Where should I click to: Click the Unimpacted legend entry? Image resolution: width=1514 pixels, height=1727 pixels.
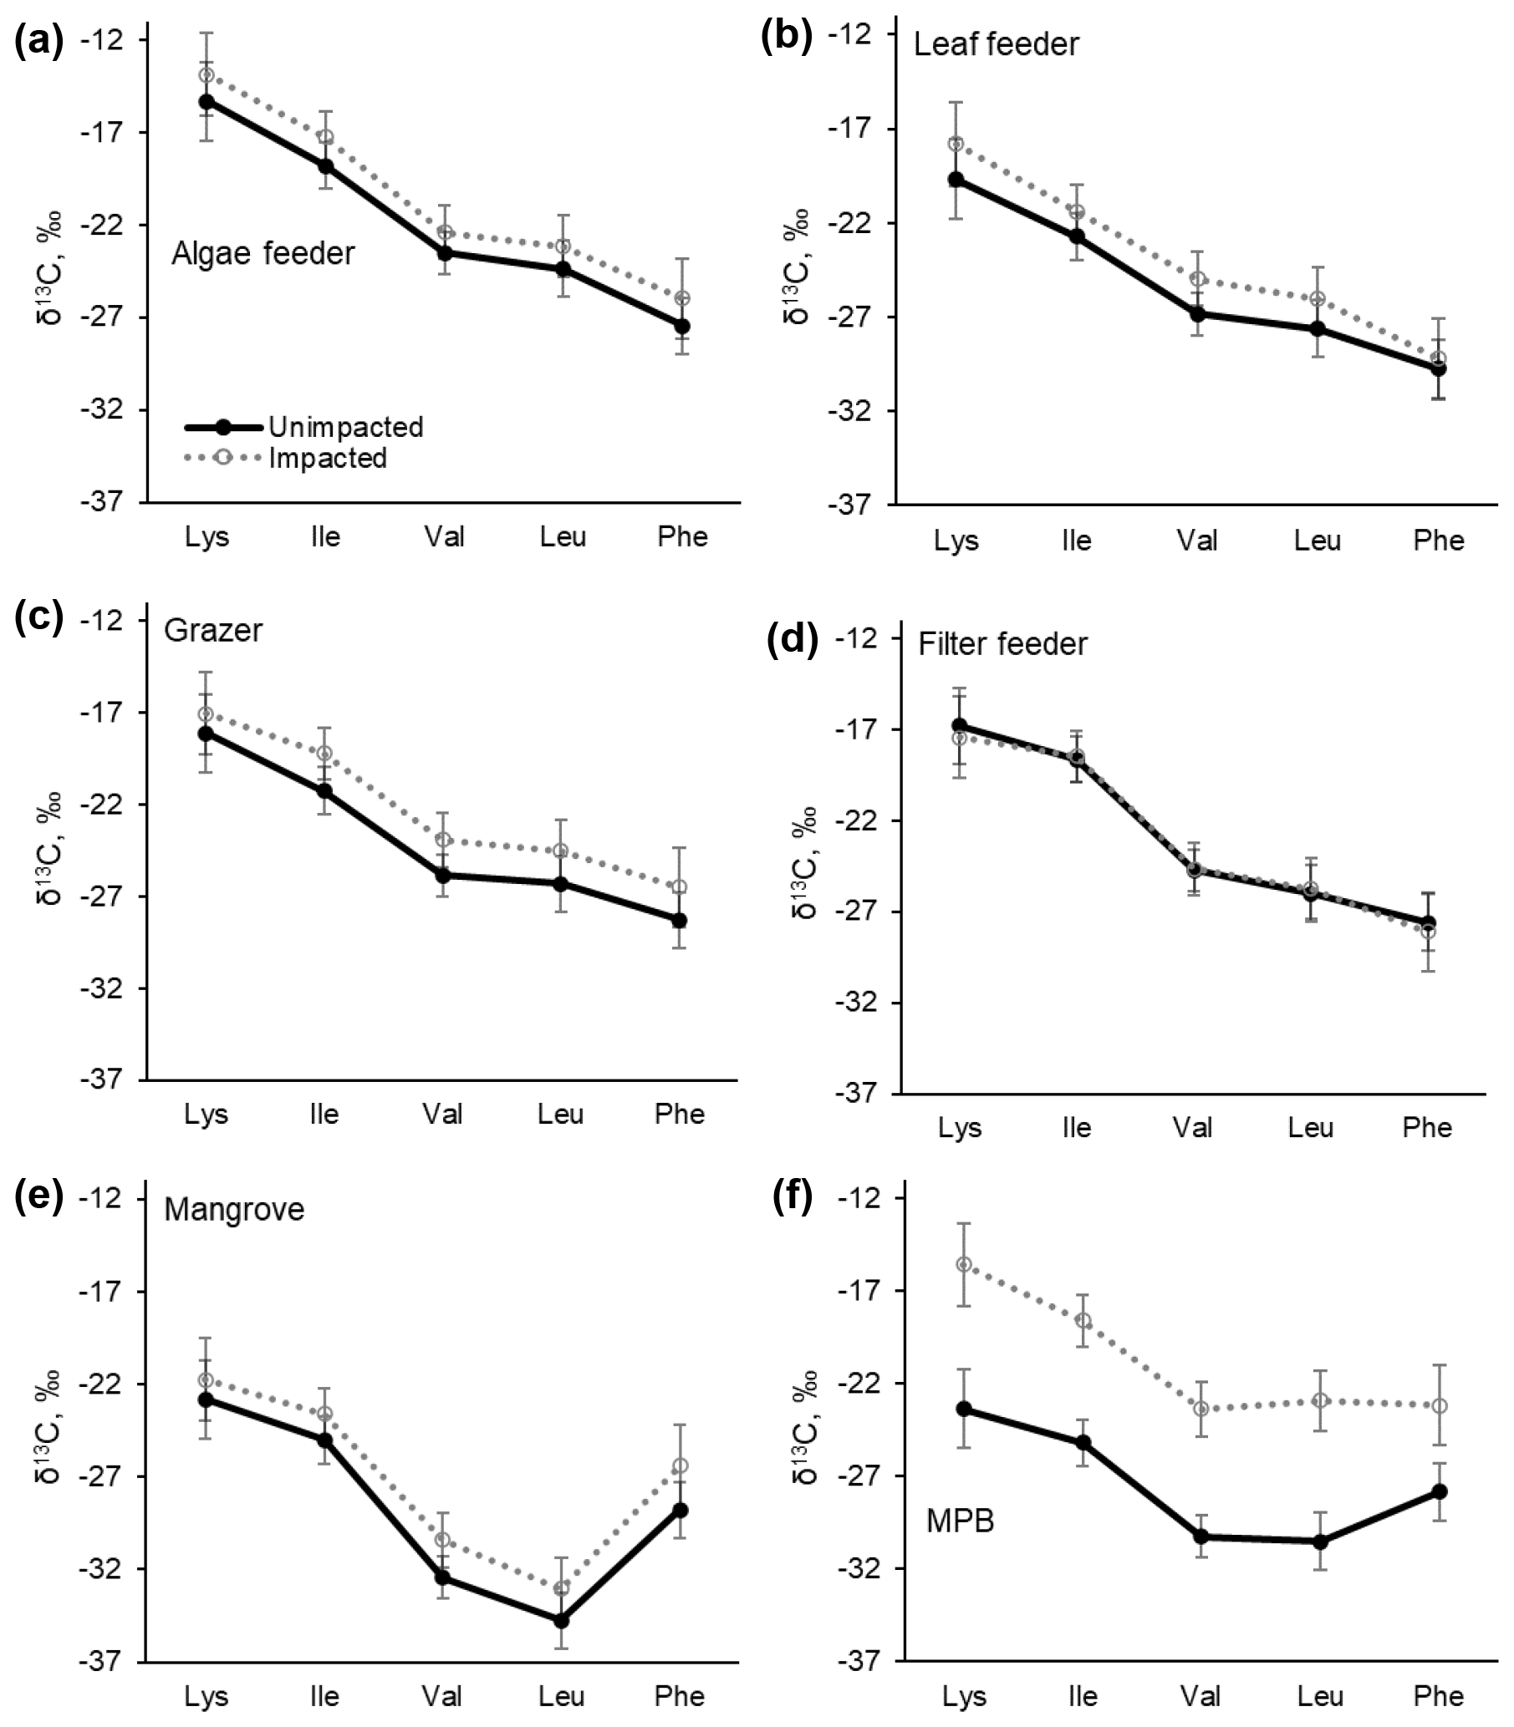pyautogui.click(x=344, y=427)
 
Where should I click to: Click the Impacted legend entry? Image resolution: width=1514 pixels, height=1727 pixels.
pyautogui.click(x=328, y=459)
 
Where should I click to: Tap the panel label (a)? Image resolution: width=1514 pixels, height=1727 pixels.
pyautogui.click(x=38, y=42)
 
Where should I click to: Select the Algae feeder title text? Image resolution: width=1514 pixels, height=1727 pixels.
pyautogui.click(x=263, y=253)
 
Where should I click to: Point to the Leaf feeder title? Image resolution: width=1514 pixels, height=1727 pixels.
pyautogui.click(x=997, y=44)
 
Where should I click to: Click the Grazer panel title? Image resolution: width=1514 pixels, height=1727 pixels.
pyautogui.click(x=213, y=630)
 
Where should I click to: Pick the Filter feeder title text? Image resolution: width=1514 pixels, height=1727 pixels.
pyautogui.click(x=1002, y=644)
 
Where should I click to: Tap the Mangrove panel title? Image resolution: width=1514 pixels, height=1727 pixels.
pyautogui.click(x=234, y=1209)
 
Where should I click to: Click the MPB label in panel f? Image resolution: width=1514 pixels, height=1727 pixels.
pyautogui.click(x=960, y=1521)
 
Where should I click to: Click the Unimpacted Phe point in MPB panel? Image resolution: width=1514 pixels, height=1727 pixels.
pyautogui.click(x=1439, y=1491)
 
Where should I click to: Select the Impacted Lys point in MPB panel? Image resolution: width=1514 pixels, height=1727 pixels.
pyautogui.click(x=963, y=1264)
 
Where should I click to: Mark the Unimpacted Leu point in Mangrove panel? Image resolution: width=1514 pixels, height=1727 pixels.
pyautogui.click(x=562, y=1621)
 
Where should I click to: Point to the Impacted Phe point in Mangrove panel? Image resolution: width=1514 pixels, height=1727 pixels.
pyautogui.click(x=681, y=1465)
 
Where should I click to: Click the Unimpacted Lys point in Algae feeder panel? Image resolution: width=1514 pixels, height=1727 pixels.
pyautogui.click(x=206, y=101)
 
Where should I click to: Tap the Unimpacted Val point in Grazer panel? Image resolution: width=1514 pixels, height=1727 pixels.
pyautogui.click(x=443, y=875)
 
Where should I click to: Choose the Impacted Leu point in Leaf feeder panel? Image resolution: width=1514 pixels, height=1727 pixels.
pyautogui.click(x=1318, y=298)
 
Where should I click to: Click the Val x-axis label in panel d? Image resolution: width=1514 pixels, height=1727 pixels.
pyautogui.click(x=1193, y=1127)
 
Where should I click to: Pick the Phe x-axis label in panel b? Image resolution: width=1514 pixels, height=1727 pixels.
pyautogui.click(x=1438, y=541)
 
